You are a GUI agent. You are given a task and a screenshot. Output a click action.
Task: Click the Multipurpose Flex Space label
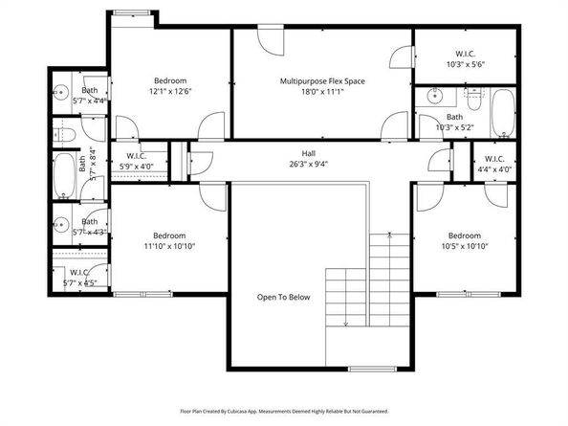click(322, 81)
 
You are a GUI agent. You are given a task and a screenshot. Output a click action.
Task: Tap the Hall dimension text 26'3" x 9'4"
click(308, 164)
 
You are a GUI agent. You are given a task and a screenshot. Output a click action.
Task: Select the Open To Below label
click(283, 297)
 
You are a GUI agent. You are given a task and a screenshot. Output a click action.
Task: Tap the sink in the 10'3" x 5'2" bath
click(434, 96)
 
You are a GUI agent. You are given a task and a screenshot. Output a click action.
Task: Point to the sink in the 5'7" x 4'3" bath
click(59, 226)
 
